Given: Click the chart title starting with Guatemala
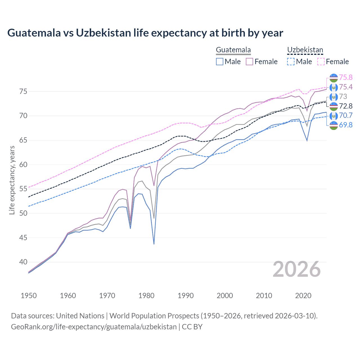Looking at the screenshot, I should point(145,33).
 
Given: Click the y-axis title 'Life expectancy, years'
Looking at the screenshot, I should point(12,180).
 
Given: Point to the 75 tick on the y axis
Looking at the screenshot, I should point(23,91).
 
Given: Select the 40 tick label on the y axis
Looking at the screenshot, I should point(23,262).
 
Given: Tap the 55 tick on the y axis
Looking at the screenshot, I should point(23,189).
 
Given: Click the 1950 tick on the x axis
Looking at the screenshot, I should point(29,296).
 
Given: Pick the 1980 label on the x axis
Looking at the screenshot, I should point(146,296).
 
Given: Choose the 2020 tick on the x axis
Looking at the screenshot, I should point(303,296).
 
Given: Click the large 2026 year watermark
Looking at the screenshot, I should point(297,269).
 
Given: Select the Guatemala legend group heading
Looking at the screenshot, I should point(233,50).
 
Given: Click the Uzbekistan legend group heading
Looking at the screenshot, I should point(305,50).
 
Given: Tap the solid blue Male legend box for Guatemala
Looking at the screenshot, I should point(220,62).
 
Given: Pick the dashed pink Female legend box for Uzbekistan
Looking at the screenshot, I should point(321,62).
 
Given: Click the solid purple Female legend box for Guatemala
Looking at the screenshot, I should point(249,62).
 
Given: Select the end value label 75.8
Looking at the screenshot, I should point(346,77).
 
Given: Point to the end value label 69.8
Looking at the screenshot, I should point(346,125).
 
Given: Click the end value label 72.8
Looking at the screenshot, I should point(346,106).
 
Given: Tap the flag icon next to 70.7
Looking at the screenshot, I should point(334,116).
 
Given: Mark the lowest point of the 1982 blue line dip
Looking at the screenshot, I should point(154,244).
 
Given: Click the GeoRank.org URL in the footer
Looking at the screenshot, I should point(94,327).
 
